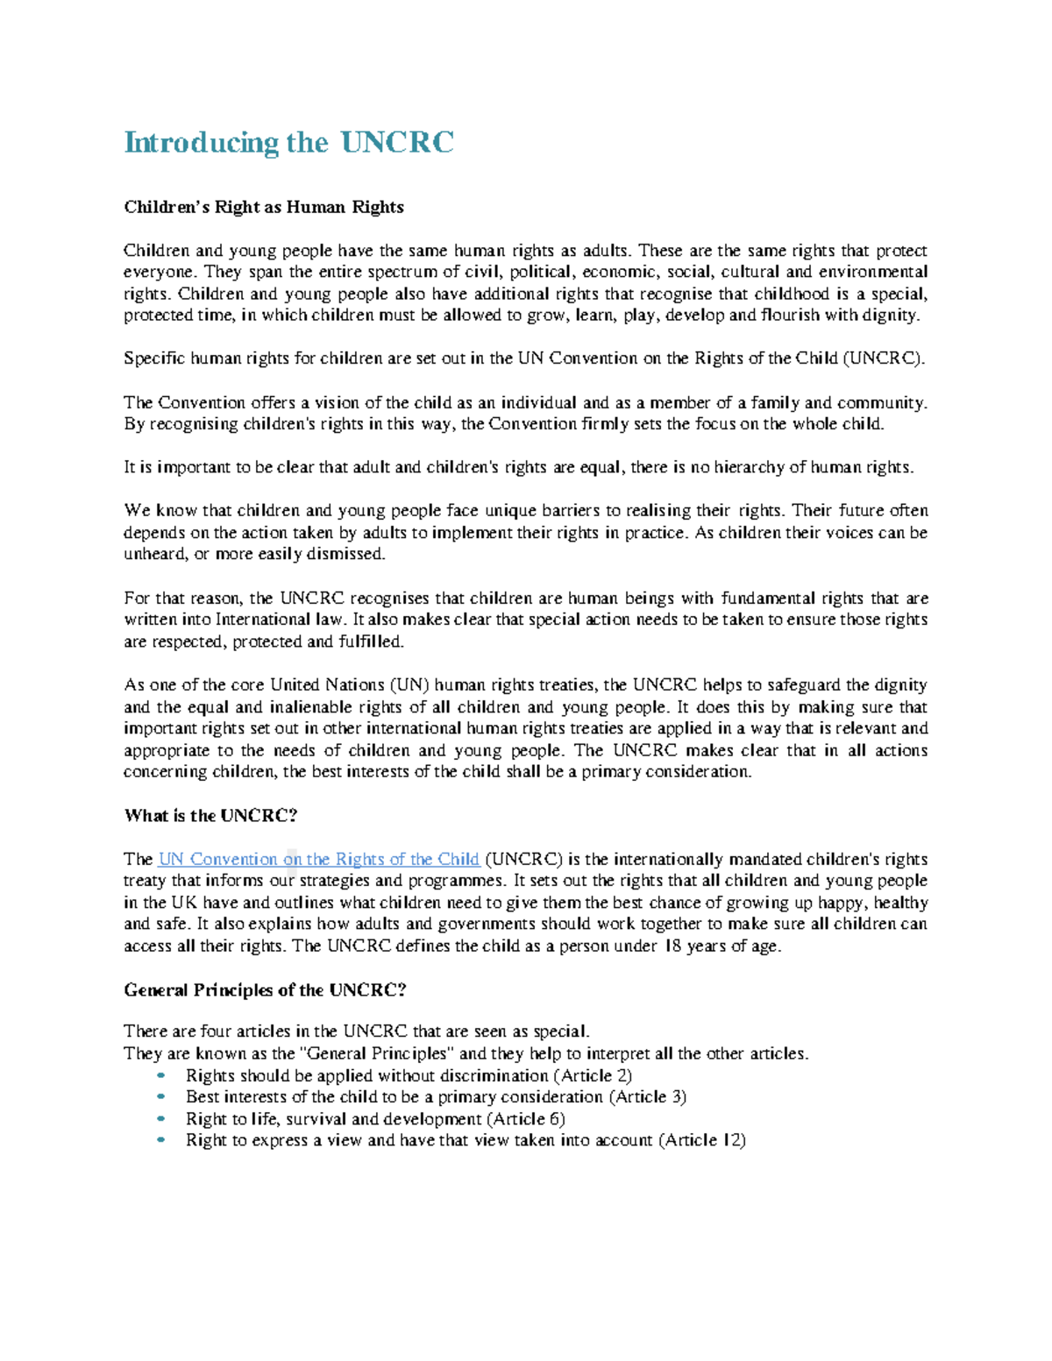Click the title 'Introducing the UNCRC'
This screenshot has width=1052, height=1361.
tap(288, 142)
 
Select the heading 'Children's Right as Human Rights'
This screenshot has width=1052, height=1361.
tap(263, 207)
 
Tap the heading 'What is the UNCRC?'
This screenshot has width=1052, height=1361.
tap(210, 816)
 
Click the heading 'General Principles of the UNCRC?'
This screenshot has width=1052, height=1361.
tap(265, 990)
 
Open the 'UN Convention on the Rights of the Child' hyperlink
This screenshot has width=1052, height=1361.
tap(318, 860)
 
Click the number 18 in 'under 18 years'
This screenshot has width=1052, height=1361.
tap(672, 946)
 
